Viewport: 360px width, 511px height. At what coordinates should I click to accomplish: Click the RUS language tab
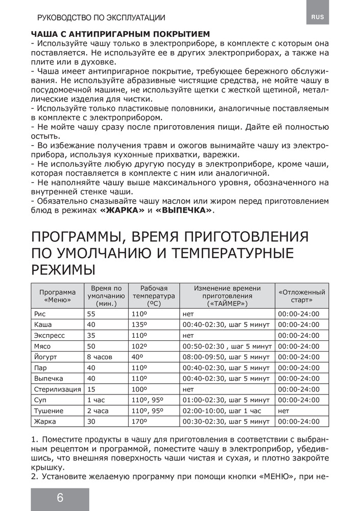(317, 17)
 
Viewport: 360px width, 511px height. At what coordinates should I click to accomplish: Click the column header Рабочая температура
(154, 295)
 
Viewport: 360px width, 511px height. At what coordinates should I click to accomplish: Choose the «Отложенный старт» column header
(302, 295)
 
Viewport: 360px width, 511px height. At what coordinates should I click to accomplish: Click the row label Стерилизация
(56, 389)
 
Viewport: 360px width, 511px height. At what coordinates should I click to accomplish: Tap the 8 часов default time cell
(100, 357)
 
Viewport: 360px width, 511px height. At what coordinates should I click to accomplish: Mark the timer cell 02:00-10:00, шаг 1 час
(222, 410)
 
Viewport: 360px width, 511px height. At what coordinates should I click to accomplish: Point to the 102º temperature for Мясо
(139, 346)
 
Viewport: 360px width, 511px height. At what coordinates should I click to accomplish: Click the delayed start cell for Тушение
(284, 410)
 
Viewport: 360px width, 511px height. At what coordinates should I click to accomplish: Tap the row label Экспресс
(49, 335)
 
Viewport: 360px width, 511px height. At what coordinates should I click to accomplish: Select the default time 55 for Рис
(91, 314)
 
